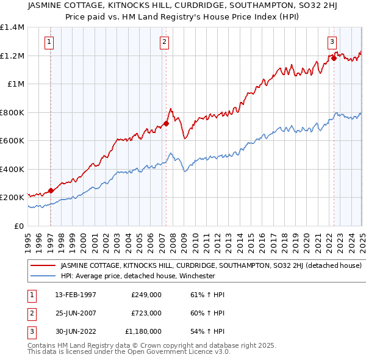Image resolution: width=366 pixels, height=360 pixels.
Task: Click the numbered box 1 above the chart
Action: coord(48,42)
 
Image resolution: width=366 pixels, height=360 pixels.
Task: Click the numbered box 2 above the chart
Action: coord(165,42)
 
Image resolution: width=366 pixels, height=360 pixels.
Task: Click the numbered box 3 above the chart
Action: coord(332,42)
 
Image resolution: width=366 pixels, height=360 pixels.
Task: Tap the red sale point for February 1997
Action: coord(51,190)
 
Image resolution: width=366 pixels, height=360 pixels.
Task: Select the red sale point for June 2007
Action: coord(167,124)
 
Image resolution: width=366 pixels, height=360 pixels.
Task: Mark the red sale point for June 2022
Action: coord(334,59)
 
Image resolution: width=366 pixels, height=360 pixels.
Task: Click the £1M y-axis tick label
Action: coord(15,84)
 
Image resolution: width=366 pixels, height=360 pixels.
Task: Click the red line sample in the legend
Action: coord(43,266)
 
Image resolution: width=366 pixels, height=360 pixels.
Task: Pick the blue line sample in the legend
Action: coord(43,276)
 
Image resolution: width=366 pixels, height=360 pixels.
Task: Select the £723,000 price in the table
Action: coord(146,313)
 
